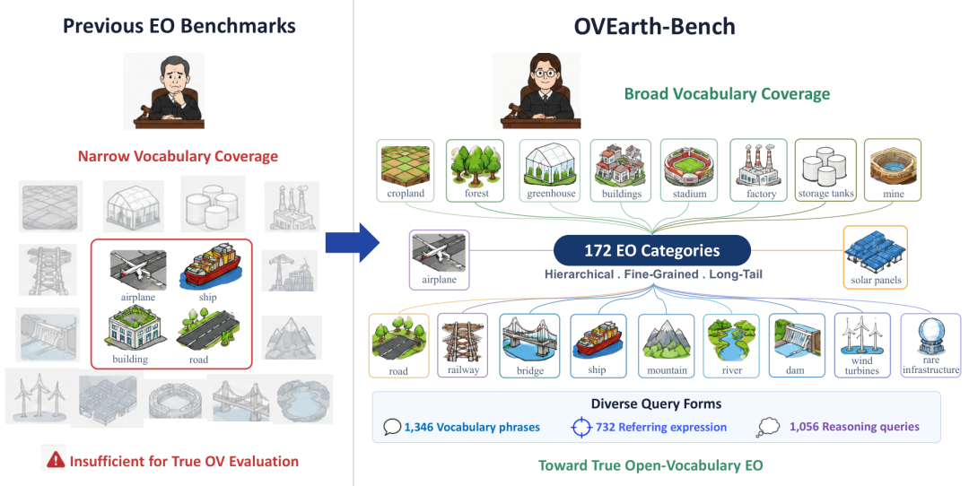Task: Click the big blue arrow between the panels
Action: tap(353, 243)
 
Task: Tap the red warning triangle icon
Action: tap(56, 459)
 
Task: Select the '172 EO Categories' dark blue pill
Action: tap(652, 251)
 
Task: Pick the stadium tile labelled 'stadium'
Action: tap(689, 170)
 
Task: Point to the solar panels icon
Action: tap(875, 251)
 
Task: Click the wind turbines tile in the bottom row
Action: tap(862, 344)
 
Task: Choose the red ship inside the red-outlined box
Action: tap(207, 267)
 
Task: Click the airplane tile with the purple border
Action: tap(440, 260)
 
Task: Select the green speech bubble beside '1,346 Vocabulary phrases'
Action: tap(392, 428)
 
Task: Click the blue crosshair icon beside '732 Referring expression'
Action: tap(581, 428)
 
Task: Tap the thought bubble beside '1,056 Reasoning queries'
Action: tap(767, 428)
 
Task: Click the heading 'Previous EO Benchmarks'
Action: tap(179, 26)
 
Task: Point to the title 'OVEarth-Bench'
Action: tap(654, 27)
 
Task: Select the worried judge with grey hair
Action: tap(168, 91)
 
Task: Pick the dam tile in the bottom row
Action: tap(797, 345)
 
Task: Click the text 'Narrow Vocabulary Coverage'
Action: tap(178, 156)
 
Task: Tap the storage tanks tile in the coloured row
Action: tap(825, 170)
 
